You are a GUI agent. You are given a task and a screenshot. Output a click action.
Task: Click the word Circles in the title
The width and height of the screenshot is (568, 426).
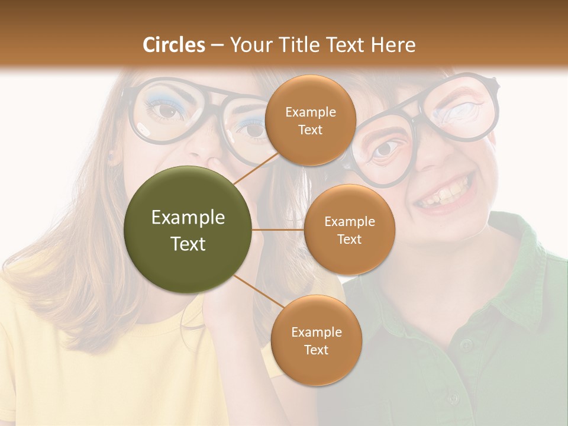[174, 45]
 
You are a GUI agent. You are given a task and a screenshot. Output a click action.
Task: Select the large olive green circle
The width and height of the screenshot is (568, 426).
[188, 230]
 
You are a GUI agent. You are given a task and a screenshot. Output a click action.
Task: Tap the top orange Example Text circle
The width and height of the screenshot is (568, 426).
[310, 121]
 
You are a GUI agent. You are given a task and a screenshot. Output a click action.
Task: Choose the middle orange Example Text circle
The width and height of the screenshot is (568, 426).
[349, 230]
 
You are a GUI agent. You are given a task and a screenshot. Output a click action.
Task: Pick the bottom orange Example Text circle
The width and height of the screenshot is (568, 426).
[316, 340]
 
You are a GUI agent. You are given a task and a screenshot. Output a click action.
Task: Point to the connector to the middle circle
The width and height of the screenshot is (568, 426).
[278, 230]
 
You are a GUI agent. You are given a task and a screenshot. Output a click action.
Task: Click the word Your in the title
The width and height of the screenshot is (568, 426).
[248, 45]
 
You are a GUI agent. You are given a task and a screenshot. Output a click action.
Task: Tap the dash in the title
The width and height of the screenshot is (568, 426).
[217, 45]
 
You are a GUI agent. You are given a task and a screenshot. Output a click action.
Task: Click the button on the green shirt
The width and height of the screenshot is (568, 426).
[467, 344]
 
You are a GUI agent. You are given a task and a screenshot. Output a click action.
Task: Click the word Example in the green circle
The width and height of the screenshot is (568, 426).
[188, 218]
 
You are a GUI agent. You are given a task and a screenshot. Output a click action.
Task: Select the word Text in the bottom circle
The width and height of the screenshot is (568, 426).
[316, 350]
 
